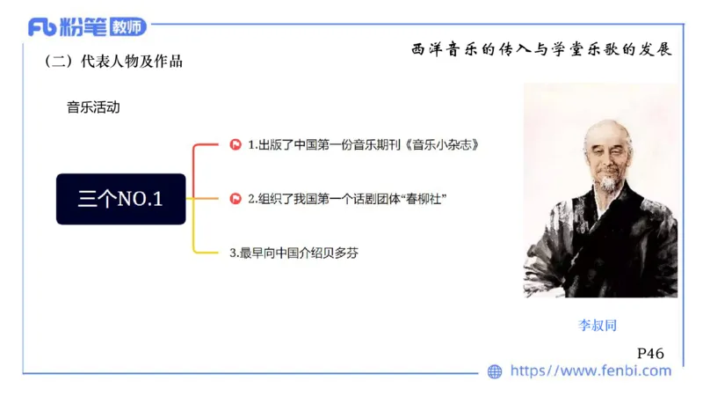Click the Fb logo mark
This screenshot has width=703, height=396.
[42, 27]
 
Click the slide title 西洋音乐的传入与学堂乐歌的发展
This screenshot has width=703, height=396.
[541, 50]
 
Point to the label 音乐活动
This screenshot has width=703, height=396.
[93, 108]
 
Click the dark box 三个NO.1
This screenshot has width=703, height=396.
[121, 199]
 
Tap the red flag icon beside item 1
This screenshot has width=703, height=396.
[236, 144]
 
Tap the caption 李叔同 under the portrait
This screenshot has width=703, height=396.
[598, 325]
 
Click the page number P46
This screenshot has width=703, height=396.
[650, 353]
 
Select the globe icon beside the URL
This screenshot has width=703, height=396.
[495, 371]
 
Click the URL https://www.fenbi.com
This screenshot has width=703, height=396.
[591, 371]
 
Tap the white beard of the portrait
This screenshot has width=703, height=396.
[607, 184]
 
